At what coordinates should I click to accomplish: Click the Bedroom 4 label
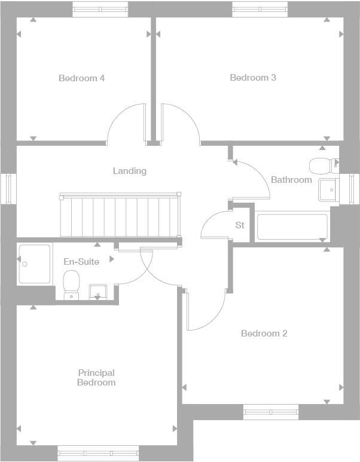pyautogui.click(x=82, y=78)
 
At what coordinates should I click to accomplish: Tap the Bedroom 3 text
pyautogui.click(x=253, y=77)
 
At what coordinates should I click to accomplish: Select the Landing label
pyautogui.click(x=130, y=171)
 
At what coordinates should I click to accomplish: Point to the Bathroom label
pyautogui.click(x=291, y=179)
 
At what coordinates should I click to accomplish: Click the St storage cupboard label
pyautogui.click(x=240, y=225)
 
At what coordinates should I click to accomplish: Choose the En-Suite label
pyautogui.click(x=81, y=262)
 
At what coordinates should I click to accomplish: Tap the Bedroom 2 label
pyautogui.click(x=264, y=333)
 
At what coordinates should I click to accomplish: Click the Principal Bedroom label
pyautogui.click(x=96, y=378)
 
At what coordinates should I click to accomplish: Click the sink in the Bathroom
pyautogui.click(x=328, y=189)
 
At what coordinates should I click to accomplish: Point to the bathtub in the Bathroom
pyautogui.click(x=292, y=227)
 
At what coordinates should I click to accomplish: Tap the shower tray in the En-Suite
pyautogui.click(x=34, y=263)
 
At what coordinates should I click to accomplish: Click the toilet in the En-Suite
pyautogui.click(x=71, y=283)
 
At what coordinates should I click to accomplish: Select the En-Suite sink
pyautogui.click(x=98, y=292)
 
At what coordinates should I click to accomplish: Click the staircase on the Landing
pyautogui.click(x=120, y=215)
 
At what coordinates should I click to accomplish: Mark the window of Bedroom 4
pyautogui.click(x=100, y=9)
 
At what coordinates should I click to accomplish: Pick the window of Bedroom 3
pyautogui.click(x=260, y=9)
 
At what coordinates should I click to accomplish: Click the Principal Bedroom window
pyautogui.click(x=98, y=454)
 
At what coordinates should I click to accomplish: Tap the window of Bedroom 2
pyautogui.click(x=270, y=411)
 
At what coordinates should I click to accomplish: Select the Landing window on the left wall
pyautogui.click(x=8, y=188)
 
